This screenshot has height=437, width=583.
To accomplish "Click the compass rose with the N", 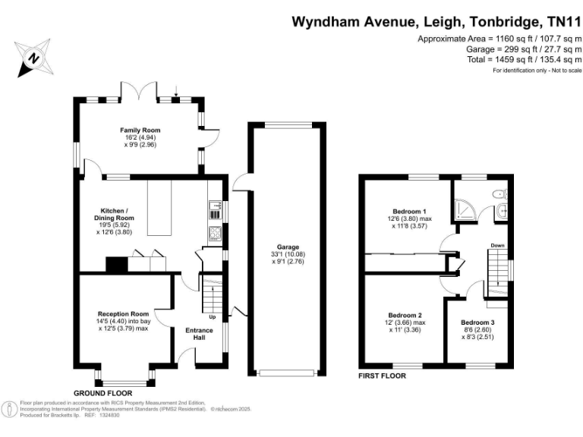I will pyautogui.click(x=32, y=55).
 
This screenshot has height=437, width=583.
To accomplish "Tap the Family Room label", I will pyautogui.click(x=140, y=130).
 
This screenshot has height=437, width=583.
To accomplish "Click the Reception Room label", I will pyautogui.click(x=123, y=314).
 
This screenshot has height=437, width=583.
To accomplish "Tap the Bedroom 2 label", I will pyautogui.click(x=406, y=315).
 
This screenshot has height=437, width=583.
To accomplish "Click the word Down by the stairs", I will pyautogui.click(x=497, y=246).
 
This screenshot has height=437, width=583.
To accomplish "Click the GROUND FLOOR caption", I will pyautogui.click(x=102, y=393).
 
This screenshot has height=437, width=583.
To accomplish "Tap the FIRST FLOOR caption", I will pyautogui.click(x=382, y=376).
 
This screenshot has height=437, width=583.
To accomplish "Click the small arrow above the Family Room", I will pyautogui.click(x=177, y=96).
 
